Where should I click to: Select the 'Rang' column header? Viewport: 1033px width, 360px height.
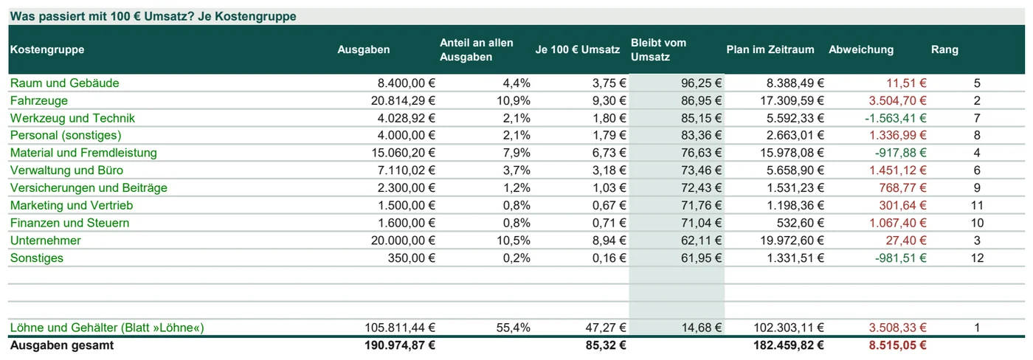coord(944,49)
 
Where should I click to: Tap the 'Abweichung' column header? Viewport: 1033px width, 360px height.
coord(861,49)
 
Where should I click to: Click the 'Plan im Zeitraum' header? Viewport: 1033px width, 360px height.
coord(770,49)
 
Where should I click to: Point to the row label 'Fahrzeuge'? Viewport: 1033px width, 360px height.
coord(38,100)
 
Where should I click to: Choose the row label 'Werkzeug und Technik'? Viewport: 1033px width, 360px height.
coord(72,118)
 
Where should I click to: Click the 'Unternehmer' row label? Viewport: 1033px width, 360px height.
coord(45,240)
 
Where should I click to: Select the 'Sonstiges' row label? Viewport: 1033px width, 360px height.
coord(36,257)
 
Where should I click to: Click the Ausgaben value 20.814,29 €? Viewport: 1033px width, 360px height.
coord(403,100)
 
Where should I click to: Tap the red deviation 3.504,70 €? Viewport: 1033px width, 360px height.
coord(897,100)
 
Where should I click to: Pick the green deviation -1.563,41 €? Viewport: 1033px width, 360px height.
coord(896,118)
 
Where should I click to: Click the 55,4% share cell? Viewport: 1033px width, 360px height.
coord(514,328)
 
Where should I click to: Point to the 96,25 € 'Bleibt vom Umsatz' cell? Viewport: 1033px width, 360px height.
coord(702,83)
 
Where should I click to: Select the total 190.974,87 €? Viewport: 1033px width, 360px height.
coord(400,345)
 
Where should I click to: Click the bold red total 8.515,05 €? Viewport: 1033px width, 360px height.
coord(897,345)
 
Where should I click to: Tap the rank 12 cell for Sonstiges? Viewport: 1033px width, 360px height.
coord(977,257)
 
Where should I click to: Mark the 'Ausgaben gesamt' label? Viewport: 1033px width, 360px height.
coord(62,345)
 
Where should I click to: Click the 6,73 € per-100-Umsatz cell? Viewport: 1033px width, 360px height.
coord(609,153)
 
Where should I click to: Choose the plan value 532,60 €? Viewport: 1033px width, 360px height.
coord(800,223)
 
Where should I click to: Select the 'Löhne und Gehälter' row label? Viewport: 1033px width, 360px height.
coord(107,328)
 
